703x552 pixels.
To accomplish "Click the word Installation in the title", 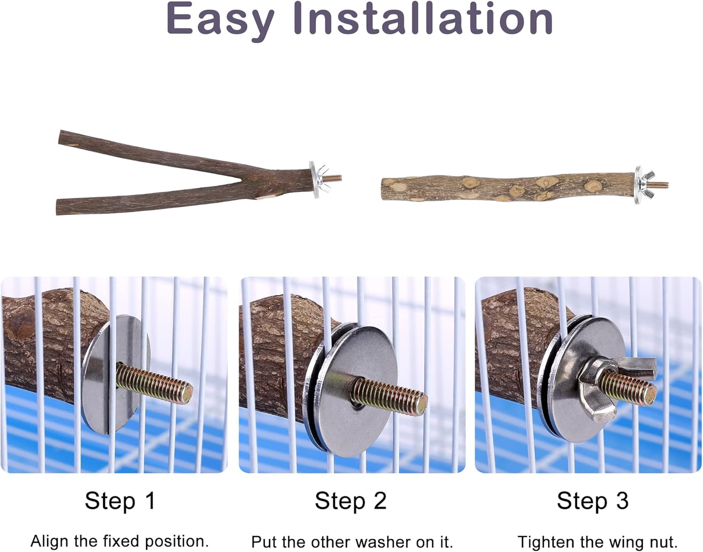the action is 423,18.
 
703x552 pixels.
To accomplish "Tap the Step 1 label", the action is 120,501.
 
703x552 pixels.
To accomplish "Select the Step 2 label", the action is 351,501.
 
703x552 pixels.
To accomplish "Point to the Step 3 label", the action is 592,501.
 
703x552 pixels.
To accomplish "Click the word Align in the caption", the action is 50,541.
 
